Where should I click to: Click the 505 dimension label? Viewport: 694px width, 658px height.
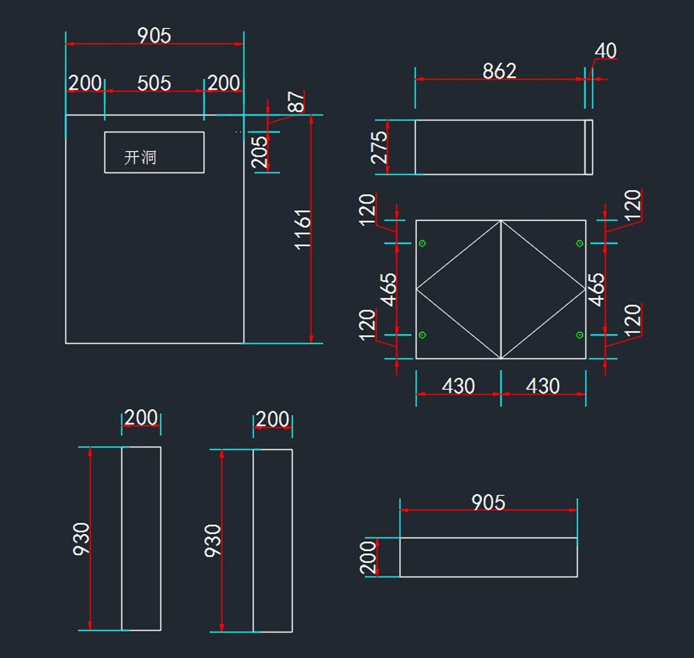pyautogui.click(x=154, y=83)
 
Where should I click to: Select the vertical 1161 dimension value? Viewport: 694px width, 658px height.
pyautogui.click(x=302, y=230)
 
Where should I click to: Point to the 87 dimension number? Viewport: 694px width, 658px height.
pyautogui.click(x=296, y=102)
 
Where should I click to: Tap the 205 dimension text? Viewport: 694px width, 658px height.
pyautogui.click(x=259, y=152)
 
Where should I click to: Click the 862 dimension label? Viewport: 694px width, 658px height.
pyautogui.click(x=500, y=71)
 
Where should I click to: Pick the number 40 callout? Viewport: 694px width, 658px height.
pyautogui.click(x=606, y=51)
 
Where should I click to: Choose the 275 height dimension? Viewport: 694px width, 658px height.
pyautogui.click(x=379, y=148)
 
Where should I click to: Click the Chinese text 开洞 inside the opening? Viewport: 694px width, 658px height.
pyautogui.click(x=140, y=157)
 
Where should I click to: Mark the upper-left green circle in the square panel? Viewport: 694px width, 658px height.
pyautogui.click(x=422, y=244)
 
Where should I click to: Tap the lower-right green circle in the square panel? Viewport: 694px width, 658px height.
pyautogui.click(x=579, y=335)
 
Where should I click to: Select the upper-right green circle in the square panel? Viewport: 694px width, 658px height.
pyautogui.click(x=579, y=244)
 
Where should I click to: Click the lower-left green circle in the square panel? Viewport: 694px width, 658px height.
pyautogui.click(x=422, y=335)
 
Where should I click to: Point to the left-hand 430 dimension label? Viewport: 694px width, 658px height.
pyautogui.click(x=458, y=386)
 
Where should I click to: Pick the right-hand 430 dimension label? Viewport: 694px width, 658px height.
pyautogui.click(x=542, y=386)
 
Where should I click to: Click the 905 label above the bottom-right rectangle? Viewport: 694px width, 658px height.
pyautogui.click(x=489, y=502)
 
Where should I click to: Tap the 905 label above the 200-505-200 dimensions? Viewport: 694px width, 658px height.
pyautogui.click(x=154, y=36)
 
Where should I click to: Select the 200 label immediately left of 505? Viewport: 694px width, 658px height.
pyautogui.click(x=85, y=83)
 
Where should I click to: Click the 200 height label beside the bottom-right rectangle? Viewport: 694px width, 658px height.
pyautogui.click(x=368, y=558)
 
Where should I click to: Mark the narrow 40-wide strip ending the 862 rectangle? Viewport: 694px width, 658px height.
pyautogui.click(x=589, y=148)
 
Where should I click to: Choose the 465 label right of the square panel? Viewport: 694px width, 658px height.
pyautogui.click(x=597, y=290)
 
